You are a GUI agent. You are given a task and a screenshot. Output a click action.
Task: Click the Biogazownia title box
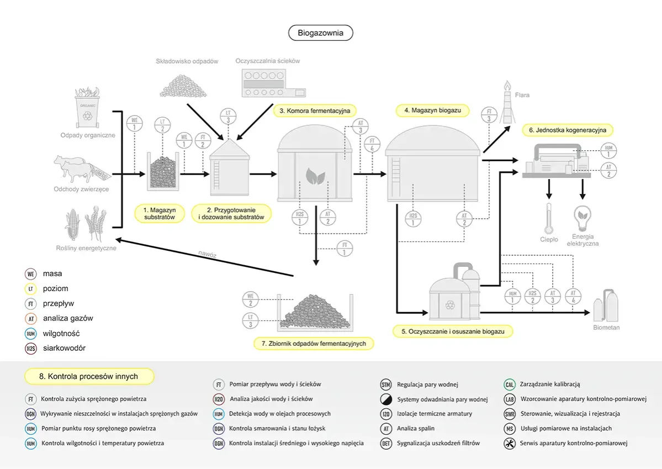320,33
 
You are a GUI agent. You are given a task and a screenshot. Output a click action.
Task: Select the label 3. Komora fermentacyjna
315,110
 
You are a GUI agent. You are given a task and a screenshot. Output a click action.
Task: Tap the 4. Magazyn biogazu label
432,110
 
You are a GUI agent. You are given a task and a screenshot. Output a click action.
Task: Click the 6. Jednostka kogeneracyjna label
568,130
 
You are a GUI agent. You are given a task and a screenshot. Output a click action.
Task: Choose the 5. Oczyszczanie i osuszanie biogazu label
453,331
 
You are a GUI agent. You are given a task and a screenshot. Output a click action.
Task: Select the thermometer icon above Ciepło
548,218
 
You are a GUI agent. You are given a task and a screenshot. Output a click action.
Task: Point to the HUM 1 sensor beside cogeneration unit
608,150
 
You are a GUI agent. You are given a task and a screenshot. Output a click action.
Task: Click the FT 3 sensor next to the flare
489,115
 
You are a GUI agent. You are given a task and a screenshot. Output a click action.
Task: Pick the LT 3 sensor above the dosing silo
229,115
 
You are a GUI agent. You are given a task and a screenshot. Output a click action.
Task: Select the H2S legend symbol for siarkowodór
31,349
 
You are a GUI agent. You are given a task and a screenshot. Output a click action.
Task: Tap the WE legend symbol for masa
31,273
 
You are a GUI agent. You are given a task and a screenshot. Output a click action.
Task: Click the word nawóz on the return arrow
208,254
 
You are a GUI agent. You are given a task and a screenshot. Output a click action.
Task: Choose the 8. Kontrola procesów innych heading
89,377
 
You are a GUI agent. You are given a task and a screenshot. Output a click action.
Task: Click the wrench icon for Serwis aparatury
510,443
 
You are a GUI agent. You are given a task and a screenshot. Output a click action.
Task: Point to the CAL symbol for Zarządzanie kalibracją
510,384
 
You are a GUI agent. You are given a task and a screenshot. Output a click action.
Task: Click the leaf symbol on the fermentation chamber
315,177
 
